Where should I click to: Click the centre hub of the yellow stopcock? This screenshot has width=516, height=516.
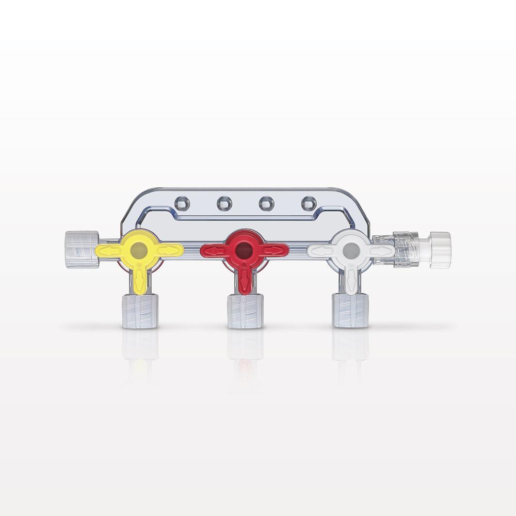140,250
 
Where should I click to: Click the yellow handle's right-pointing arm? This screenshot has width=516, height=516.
169,250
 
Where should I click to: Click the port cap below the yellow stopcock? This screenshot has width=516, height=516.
140,311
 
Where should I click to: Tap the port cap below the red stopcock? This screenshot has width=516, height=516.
245,311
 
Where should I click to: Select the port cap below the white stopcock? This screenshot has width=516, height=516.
350,311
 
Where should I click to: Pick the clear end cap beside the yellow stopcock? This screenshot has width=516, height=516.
82,250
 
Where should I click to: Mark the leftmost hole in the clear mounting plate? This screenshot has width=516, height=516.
182,203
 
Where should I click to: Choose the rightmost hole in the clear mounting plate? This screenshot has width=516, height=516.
308,203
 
